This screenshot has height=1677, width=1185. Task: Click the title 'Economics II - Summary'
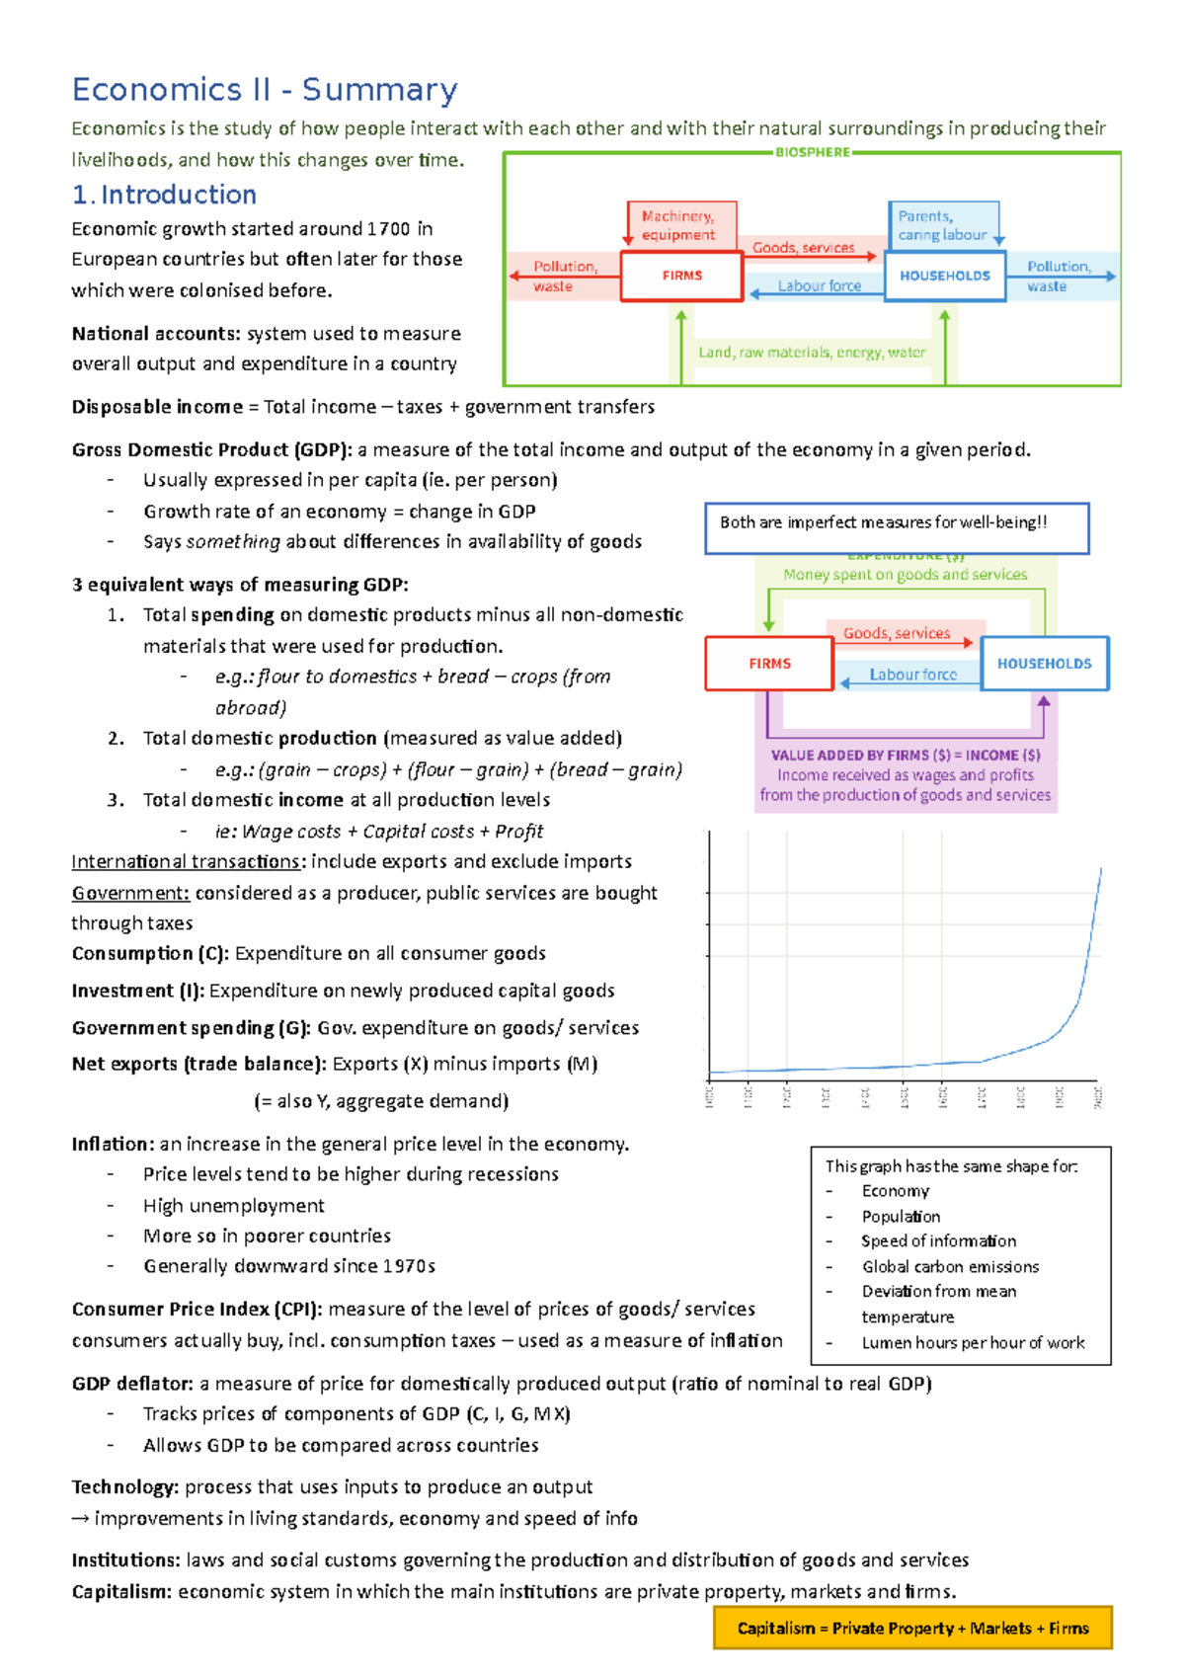tap(265, 90)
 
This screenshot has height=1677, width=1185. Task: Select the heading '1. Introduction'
tap(164, 195)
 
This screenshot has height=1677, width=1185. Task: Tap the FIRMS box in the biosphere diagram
tap(681, 276)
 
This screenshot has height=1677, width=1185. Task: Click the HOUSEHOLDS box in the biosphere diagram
tap(945, 276)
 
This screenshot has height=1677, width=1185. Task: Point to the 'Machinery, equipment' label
tap(678, 225)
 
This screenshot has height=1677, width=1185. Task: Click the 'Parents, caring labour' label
tap(941, 225)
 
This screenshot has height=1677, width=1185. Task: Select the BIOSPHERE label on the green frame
tap(812, 152)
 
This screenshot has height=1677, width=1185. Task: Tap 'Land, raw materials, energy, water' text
tap(812, 352)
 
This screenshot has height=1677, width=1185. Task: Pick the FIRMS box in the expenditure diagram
tap(769, 664)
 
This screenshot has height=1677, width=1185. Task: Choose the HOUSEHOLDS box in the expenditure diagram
tap(1044, 664)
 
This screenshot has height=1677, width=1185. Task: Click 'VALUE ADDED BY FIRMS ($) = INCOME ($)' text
tap(906, 755)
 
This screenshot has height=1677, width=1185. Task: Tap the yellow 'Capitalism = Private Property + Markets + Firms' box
tap(912, 1628)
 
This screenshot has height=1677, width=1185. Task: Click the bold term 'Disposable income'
tap(157, 407)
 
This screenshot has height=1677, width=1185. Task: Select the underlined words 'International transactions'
tap(186, 861)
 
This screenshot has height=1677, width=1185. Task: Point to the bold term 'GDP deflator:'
tap(133, 1383)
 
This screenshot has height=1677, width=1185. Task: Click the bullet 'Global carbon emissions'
tap(950, 1266)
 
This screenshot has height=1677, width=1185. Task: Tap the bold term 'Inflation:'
tap(113, 1144)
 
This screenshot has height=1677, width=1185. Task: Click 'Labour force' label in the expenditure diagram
tap(912, 675)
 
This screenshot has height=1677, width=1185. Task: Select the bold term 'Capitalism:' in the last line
tap(121, 1591)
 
